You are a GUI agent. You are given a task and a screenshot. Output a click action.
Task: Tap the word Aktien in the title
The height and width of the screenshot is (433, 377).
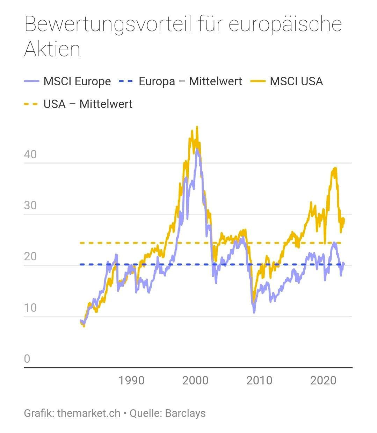52,49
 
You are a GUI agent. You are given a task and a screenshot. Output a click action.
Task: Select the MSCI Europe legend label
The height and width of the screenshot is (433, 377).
77,81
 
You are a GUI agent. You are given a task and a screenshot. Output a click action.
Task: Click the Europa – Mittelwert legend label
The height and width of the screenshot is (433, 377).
190,81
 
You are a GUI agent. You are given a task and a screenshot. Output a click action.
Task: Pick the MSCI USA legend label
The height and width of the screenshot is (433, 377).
296,81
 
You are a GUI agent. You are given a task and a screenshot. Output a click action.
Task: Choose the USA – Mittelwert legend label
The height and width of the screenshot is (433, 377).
88,104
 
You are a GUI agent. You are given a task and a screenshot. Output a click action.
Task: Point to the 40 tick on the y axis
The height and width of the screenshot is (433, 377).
30,154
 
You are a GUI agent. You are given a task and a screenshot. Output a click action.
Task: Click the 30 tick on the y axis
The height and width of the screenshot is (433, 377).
30,205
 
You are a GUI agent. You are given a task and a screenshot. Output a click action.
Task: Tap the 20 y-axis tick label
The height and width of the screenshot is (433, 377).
30,257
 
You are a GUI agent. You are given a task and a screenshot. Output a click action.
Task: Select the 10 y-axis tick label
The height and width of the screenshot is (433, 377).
30,308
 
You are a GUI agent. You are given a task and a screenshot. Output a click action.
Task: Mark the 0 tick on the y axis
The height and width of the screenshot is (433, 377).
27,359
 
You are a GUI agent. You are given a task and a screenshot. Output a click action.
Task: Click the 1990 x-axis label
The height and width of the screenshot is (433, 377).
131,380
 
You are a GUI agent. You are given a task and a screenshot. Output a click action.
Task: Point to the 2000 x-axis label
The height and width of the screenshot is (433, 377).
195,380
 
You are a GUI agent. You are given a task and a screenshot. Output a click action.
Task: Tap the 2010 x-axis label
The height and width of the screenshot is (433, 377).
259,380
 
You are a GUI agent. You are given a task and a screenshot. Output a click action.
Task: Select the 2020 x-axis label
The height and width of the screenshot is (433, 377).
323,380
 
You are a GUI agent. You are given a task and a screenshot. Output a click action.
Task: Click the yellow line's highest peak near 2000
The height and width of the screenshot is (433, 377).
197,127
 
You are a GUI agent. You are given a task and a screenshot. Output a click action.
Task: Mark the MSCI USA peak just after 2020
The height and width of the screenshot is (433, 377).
335,168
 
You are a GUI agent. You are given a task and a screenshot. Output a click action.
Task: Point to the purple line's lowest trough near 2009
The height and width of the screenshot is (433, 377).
254,312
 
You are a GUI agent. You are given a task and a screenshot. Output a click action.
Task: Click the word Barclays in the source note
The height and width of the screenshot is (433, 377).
185,413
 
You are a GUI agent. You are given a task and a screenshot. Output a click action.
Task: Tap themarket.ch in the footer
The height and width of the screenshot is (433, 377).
89,413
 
